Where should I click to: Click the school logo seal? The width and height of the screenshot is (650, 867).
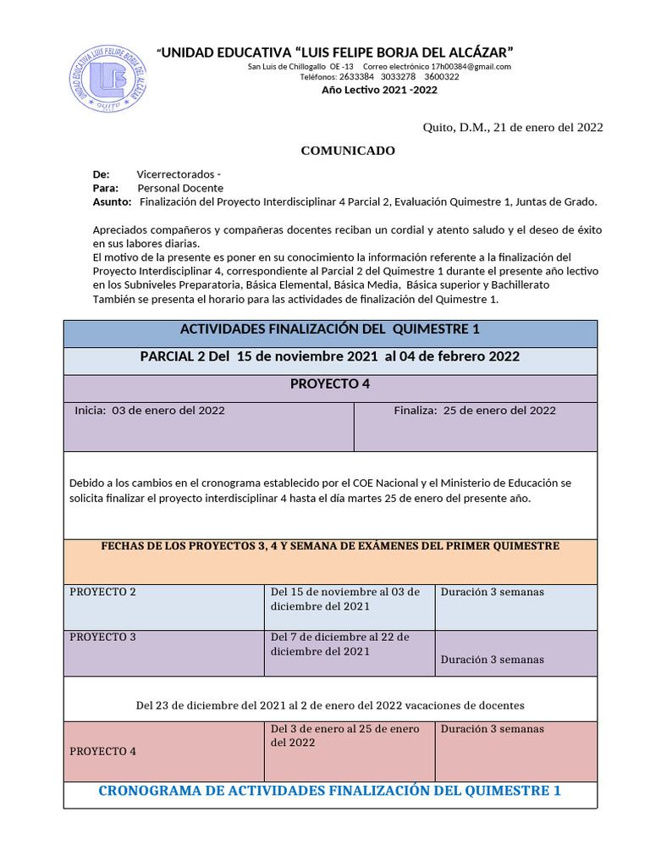[108, 79]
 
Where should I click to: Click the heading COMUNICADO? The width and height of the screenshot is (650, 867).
[348, 151]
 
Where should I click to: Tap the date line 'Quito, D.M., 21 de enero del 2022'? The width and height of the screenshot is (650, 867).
[512, 127]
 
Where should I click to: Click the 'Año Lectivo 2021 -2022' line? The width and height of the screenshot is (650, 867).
[379, 90]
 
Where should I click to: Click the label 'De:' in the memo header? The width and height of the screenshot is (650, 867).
[101, 174]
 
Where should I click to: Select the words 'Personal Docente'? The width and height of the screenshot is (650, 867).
[180, 188]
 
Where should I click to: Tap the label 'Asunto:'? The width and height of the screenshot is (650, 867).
[112, 202]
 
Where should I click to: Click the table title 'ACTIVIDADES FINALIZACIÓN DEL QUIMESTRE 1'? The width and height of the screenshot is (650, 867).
[330, 329]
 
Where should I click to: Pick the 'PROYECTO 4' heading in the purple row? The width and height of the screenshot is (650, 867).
[330, 384]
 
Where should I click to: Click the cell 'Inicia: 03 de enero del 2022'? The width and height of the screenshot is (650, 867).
[150, 411]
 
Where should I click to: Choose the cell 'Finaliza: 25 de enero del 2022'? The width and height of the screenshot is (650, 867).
[475, 411]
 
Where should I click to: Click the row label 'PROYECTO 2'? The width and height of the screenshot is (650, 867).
[102, 592]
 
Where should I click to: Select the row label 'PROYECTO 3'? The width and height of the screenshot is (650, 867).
[102, 637]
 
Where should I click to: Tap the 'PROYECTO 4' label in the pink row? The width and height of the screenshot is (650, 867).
[102, 751]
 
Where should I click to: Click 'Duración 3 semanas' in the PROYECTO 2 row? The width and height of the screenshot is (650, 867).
[492, 592]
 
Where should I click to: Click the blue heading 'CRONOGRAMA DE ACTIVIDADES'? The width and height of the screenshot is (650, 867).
[330, 791]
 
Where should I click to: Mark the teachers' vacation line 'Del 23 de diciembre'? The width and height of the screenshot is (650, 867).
[330, 704]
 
